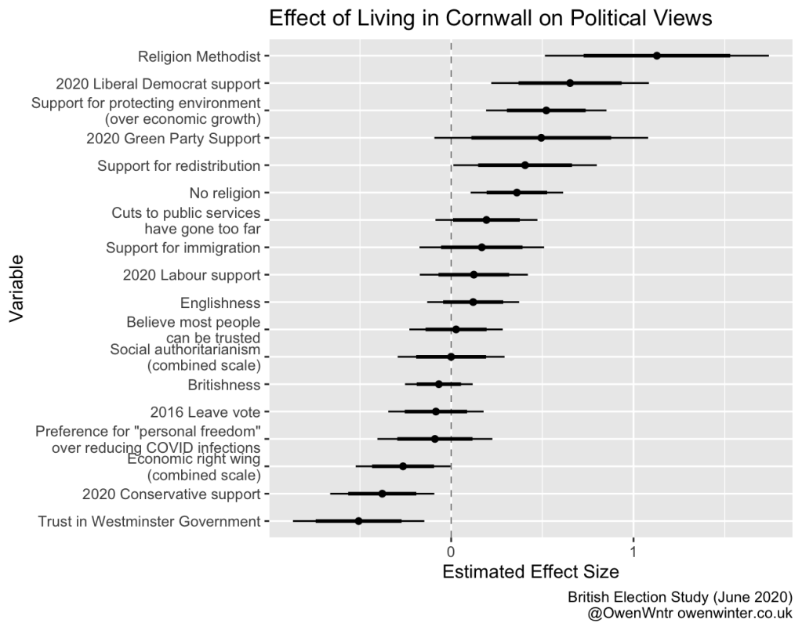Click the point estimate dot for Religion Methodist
[x=657, y=56]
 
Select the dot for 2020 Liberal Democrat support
[x=570, y=83]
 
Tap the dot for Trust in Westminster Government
[x=358, y=521]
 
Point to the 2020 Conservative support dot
[x=383, y=494]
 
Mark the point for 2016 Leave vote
[x=436, y=411]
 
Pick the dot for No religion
[x=517, y=193]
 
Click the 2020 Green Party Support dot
[x=541, y=138]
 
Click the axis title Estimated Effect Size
[x=531, y=572]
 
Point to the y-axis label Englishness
[x=220, y=302]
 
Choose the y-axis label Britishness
[x=223, y=385]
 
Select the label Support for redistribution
[x=178, y=165]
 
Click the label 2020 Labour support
[x=191, y=275]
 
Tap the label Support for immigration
[x=183, y=248]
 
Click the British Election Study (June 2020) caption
[x=680, y=597]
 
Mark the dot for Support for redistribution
[x=525, y=165]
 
